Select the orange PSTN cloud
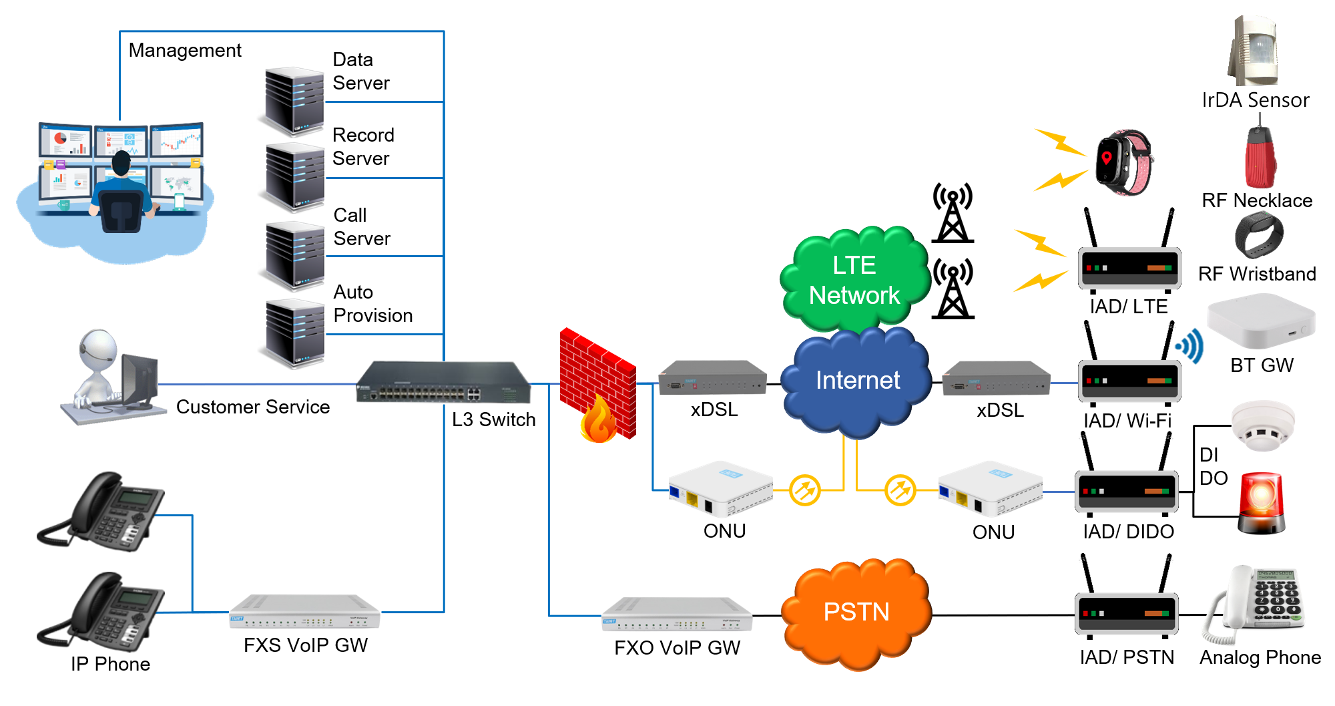[x=856, y=613]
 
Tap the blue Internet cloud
[x=856, y=381]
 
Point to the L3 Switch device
[x=443, y=382]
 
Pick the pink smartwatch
[x=1125, y=162]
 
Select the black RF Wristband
[x=1259, y=235]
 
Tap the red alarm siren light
[x=1262, y=503]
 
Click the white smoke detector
[x=1262, y=425]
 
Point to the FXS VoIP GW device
[x=304, y=612]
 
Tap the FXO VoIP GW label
[x=677, y=647]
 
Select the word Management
[x=185, y=50]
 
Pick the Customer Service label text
[x=253, y=407]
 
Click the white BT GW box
[x=1261, y=321]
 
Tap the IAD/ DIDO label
[x=1128, y=531]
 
